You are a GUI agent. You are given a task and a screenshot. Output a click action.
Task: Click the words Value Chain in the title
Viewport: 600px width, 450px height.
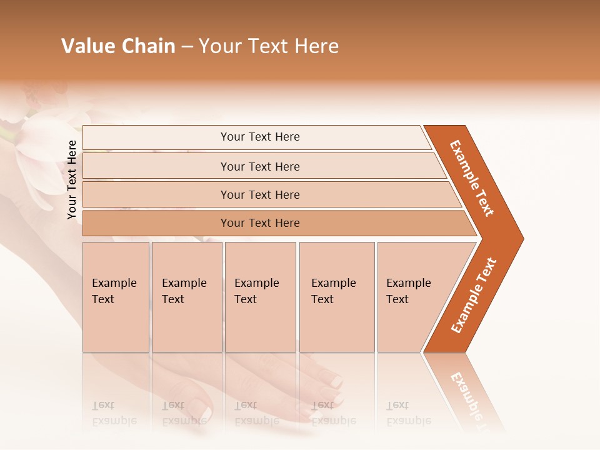(x=118, y=46)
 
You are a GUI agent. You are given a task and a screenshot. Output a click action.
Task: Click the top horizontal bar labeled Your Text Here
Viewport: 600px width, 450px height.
(x=259, y=137)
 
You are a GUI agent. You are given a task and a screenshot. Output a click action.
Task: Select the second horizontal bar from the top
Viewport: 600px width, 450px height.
(x=259, y=166)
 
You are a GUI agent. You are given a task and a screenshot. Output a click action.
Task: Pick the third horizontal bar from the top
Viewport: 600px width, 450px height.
(x=259, y=194)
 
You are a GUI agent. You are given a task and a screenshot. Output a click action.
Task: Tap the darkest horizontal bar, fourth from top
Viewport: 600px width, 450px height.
(x=259, y=223)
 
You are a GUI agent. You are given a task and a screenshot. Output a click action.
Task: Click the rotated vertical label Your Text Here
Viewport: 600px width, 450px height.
(x=72, y=180)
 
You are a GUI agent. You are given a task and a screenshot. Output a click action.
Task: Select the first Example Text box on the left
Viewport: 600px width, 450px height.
(x=116, y=296)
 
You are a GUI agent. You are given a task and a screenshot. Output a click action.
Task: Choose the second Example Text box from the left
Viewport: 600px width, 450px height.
(x=186, y=296)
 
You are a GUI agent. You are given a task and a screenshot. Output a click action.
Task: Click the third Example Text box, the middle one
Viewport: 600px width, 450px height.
(x=260, y=296)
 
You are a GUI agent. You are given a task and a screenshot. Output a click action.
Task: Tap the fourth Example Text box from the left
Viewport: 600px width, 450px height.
(x=336, y=296)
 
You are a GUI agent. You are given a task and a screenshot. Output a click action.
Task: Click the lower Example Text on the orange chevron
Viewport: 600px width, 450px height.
(x=474, y=295)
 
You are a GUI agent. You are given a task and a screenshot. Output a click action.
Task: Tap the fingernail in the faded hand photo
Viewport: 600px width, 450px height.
(x=336, y=381)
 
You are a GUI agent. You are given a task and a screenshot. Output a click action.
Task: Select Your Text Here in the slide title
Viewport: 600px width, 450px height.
(x=269, y=46)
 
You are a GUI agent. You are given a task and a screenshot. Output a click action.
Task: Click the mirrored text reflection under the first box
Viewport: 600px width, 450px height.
(x=114, y=413)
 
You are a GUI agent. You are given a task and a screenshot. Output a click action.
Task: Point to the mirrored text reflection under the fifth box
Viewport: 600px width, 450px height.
(x=408, y=413)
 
